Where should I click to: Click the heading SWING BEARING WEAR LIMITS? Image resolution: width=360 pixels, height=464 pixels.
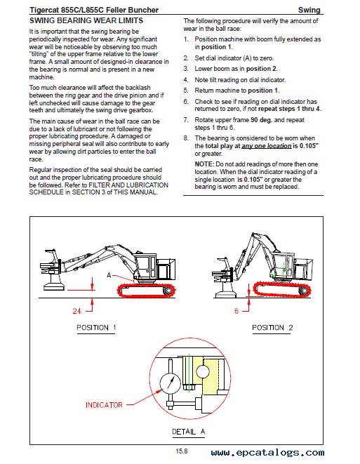86,21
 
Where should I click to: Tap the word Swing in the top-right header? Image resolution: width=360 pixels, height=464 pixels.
309,10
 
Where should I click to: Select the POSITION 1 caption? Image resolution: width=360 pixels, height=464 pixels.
96,328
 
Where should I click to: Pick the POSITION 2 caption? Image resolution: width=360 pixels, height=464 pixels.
272,328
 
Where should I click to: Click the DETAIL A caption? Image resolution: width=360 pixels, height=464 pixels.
189,432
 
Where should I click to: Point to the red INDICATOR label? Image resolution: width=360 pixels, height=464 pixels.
104,405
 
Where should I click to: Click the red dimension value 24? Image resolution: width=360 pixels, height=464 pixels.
77,311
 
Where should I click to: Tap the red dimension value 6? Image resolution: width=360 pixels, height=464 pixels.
236,311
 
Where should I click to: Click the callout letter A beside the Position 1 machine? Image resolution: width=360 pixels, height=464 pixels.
109,275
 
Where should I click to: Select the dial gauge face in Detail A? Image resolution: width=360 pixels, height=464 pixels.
170,383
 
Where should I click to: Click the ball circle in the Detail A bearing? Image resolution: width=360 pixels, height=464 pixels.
203,371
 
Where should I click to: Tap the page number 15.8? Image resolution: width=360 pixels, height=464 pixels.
181,451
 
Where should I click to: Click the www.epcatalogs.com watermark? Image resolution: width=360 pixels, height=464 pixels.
267,453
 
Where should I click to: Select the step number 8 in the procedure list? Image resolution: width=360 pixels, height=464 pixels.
185,138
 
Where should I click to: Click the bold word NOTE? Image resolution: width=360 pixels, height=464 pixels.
204,164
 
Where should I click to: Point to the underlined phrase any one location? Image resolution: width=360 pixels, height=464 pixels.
267,146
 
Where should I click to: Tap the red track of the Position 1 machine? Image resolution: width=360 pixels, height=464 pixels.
146,290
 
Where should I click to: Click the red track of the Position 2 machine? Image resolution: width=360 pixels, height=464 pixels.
283,289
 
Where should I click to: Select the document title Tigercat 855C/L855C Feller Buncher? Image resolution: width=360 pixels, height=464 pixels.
94,10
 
